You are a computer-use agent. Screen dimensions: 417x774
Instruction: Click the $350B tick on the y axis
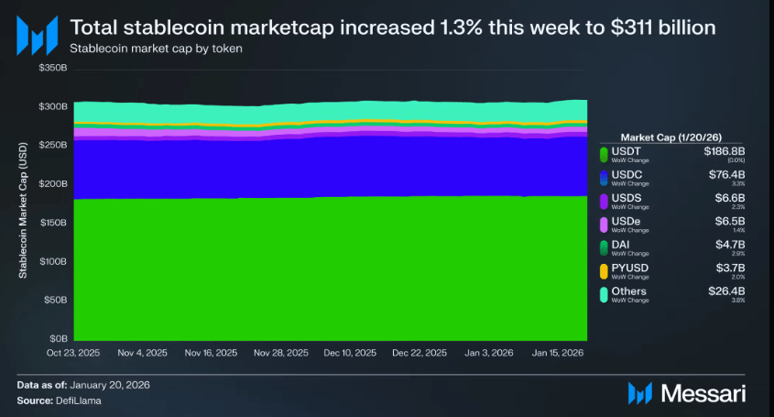(54, 69)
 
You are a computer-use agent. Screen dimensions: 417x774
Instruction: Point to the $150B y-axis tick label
(54, 223)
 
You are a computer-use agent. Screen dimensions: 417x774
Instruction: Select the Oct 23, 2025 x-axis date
(73, 353)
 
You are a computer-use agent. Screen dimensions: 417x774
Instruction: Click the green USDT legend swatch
(604, 153)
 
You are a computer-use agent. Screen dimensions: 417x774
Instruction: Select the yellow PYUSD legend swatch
(604, 270)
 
